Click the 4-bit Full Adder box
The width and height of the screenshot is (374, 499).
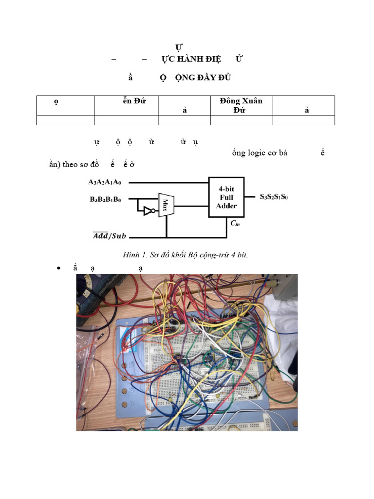pyautogui.click(x=226, y=197)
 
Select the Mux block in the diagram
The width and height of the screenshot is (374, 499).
pyautogui.click(x=166, y=204)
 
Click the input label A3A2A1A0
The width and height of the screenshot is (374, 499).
pyautogui.click(x=105, y=182)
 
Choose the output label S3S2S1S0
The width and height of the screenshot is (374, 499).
pyautogui.click(x=273, y=197)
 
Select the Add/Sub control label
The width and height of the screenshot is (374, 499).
pyautogui.click(x=110, y=236)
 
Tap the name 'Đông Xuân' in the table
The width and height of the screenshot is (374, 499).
pyautogui.click(x=241, y=101)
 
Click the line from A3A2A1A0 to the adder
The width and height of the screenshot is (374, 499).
pyautogui.click(x=170, y=183)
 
